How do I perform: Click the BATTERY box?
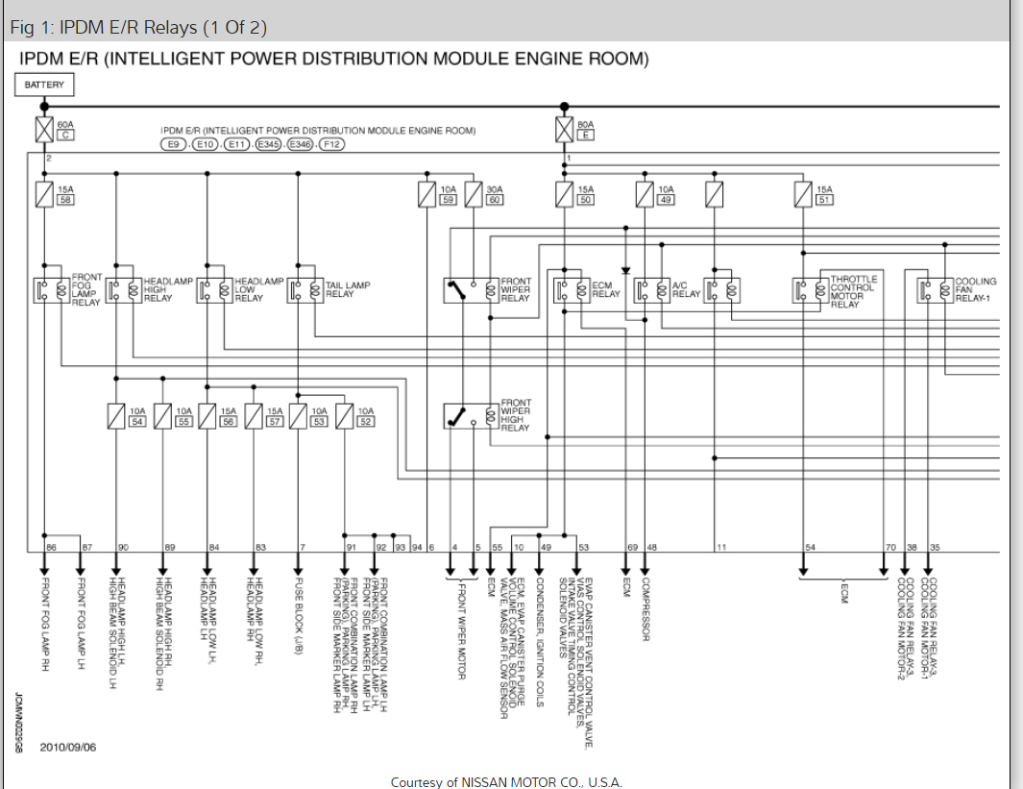pos(44,85)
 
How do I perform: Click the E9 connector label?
pos(174,144)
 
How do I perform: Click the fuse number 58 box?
pos(65,200)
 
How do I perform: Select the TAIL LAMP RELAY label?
pos(348,289)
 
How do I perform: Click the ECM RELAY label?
pos(606,289)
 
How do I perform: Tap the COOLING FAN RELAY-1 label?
pos(975,289)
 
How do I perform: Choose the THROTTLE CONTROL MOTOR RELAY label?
pos(852,291)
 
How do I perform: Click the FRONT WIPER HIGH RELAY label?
pos(515,415)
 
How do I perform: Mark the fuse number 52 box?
pos(365,421)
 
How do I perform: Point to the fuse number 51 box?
pos(824,200)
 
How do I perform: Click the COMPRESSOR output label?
pos(646,604)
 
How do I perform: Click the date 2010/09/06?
pos(68,747)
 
